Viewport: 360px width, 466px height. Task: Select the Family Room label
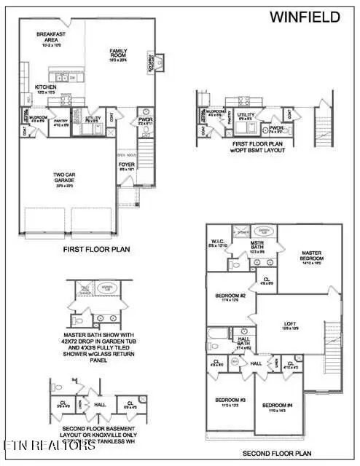click(x=119, y=54)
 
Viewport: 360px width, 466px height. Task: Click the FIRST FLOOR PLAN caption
click(x=96, y=249)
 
